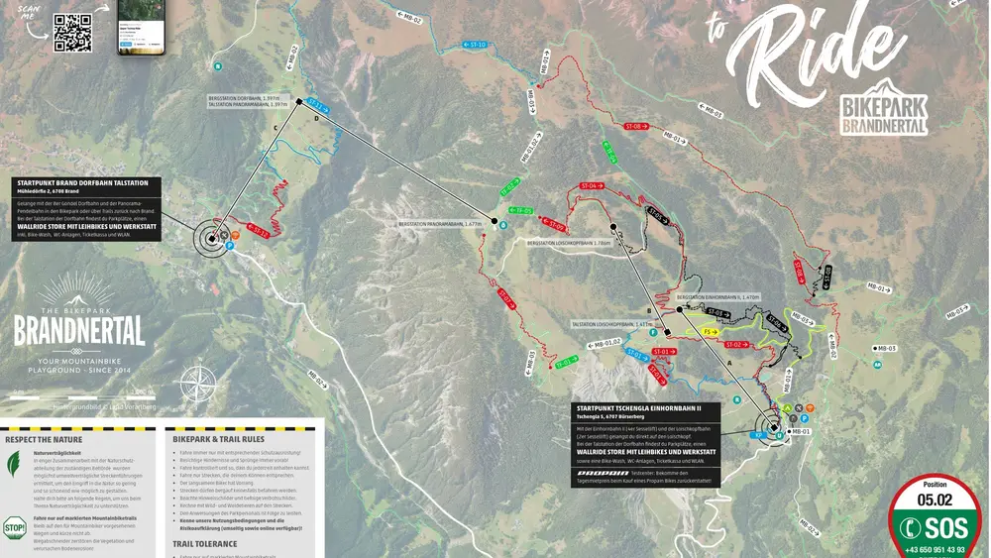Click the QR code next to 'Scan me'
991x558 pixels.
click(x=72, y=32)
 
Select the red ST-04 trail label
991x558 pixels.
click(x=592, y=186)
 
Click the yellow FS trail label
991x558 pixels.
click(x=711, y=331)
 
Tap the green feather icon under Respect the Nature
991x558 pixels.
click(x=15, y=464)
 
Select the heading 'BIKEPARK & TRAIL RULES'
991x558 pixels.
click(x=218, y=438)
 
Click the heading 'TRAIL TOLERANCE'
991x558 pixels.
click(x=205, y=543)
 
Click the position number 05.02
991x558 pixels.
click(x=934, y=501)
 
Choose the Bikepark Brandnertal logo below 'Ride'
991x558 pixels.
click(x=884, y=109)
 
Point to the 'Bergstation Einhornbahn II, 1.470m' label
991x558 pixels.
click(x=717, y=296)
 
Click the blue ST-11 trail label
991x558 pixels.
click(x=318, y=105)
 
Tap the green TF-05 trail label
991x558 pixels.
click(x=519, y=211)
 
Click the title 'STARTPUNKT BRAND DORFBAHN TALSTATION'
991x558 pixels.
click(x=83, y=182)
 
